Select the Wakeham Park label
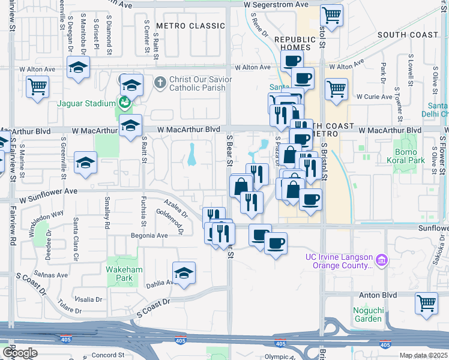(124, 274)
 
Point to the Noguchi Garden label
(367, 314)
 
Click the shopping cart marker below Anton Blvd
(427, 302)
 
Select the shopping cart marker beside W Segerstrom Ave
(331, 14)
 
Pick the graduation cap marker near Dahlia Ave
(184, 272)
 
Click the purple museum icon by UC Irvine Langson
(381, 260)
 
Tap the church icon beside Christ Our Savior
(160, 82)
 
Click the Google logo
(19, 353)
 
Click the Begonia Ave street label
(149, 236)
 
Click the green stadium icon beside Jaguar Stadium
(124, 103)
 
